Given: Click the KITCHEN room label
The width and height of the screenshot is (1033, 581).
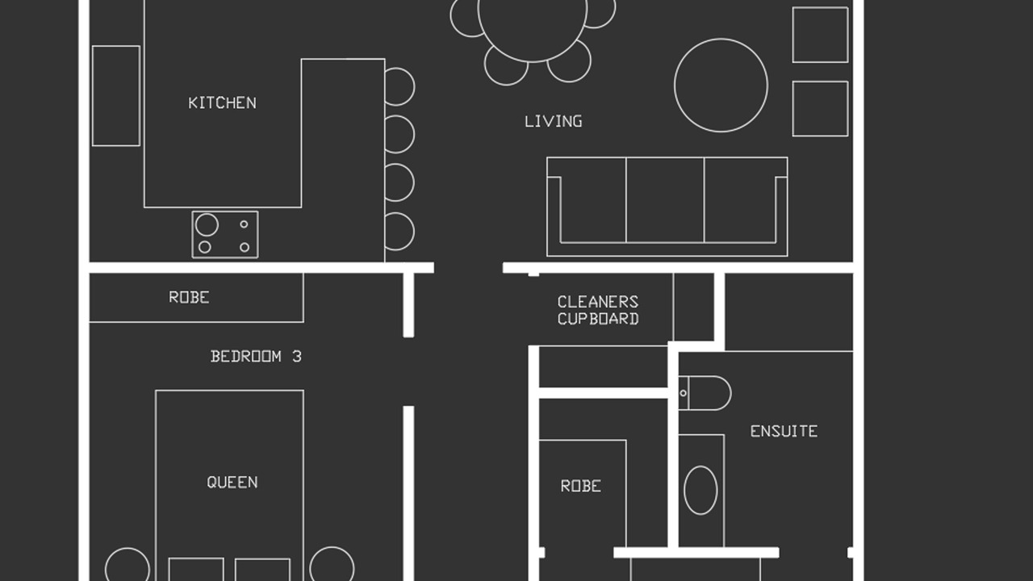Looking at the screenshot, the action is click(222, 102).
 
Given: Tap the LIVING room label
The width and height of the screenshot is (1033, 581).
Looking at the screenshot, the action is click(554, 121).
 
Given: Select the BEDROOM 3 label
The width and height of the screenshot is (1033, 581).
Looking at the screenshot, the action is click(256, 357).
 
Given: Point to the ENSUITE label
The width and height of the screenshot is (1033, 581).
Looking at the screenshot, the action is click(784, 431).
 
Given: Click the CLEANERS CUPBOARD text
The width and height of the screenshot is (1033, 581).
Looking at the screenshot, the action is click(598, 311).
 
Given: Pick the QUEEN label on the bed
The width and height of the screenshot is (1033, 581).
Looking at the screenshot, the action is click(232, 483).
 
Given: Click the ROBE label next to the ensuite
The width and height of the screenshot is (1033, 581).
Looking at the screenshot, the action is click(581, 486).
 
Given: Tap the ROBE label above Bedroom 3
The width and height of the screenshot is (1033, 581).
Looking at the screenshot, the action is click(189, 298).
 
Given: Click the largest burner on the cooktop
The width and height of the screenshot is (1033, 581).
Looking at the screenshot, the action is click(207, 225).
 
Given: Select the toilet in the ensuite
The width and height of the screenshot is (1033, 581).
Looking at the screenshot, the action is click(705, 393).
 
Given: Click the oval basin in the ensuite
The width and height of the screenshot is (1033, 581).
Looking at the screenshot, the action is click(701, 490).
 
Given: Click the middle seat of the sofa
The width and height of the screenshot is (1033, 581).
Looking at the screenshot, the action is click(665, 201).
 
